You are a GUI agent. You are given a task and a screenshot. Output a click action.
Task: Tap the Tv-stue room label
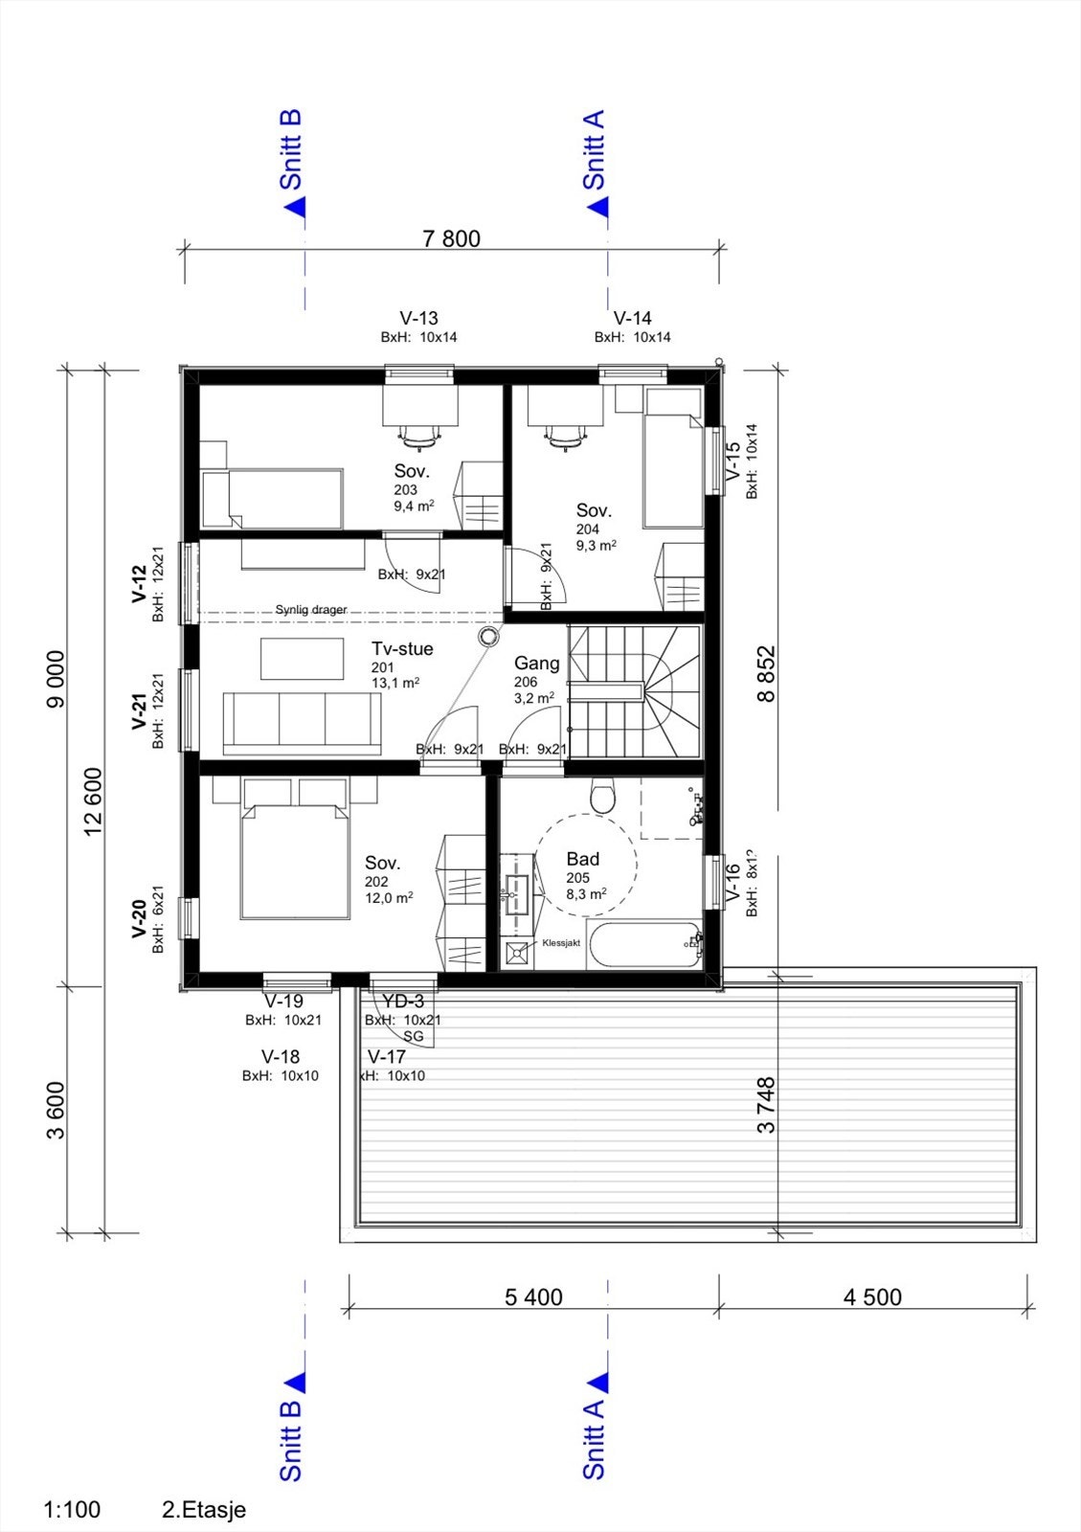[402, 649]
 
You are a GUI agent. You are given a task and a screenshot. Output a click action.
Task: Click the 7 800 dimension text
[451, 238]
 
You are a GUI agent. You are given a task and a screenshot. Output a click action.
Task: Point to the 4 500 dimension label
[872, 1297]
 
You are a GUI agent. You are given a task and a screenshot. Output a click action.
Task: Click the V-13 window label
[418, 318]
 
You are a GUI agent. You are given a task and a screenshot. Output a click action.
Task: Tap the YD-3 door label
[402, 1002]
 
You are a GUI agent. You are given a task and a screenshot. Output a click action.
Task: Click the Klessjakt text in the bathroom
[561, 943]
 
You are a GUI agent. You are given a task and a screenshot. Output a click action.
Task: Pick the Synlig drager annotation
[311, 609]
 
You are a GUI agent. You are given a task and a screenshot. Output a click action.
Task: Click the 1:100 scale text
[72, 1510]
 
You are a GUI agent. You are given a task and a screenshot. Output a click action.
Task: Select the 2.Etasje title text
[204, 1510]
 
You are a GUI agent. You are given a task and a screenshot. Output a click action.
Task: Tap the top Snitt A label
[594, 150]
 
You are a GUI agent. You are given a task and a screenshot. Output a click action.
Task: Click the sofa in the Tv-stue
[302, 723]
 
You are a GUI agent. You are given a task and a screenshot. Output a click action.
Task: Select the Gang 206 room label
[536, 664]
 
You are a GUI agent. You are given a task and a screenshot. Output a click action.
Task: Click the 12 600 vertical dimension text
[93, 801]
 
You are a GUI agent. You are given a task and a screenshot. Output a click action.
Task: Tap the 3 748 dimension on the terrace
[766, 1106]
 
